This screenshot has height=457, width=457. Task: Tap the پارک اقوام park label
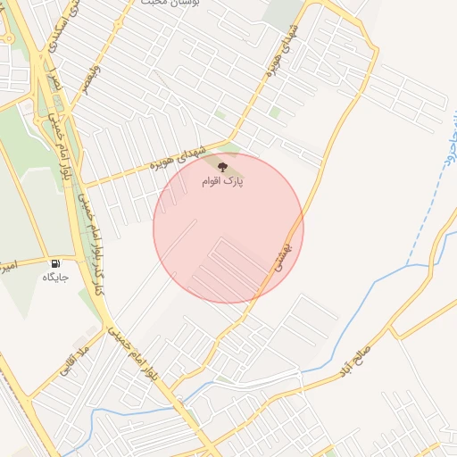point(223,181)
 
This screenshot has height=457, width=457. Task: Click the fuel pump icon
point(55,263)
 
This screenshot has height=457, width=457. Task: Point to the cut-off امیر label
point(6,266)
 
